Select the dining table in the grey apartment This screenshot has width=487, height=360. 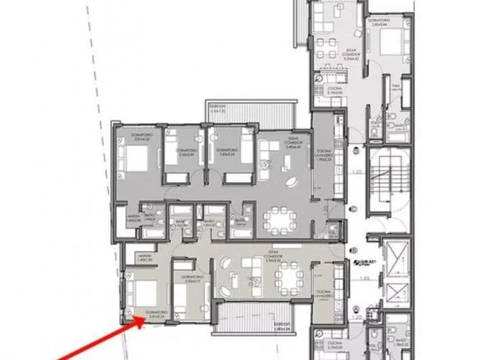[278, 217]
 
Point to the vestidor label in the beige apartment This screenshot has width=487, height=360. [126, 256]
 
